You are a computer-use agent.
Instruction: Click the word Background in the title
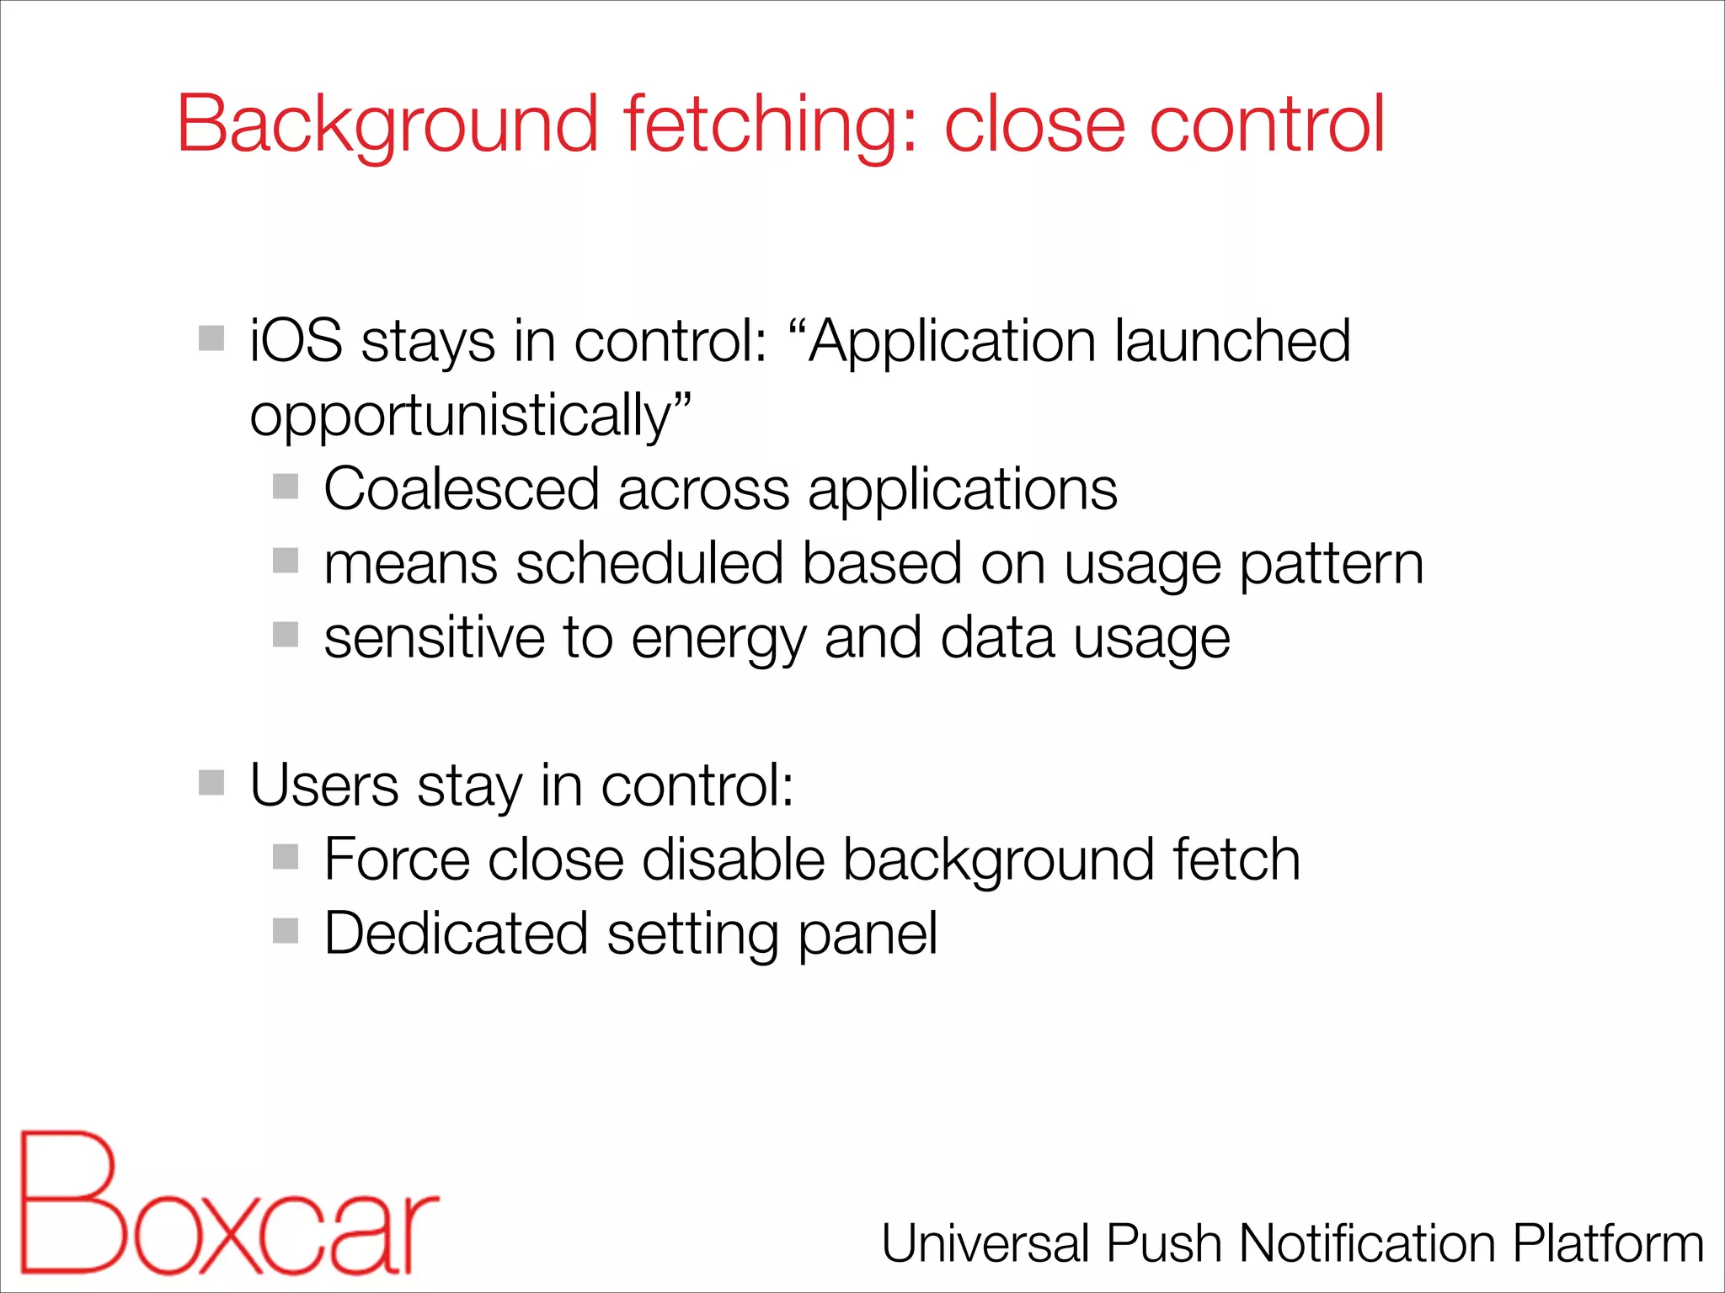tap(387, 125)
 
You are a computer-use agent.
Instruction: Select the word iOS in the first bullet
tap(296, 341)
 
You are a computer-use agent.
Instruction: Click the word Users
tap(324, 785)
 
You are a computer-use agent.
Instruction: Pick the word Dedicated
tap(456, 934)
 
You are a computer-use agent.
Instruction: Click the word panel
tap(867, 935)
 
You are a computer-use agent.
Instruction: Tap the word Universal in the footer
tap(985, 1243)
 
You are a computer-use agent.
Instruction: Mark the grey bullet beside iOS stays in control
tap(211, 338)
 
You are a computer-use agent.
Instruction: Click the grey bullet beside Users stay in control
tap(211, 783)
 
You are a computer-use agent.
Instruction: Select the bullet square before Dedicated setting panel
tap(286, 931)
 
